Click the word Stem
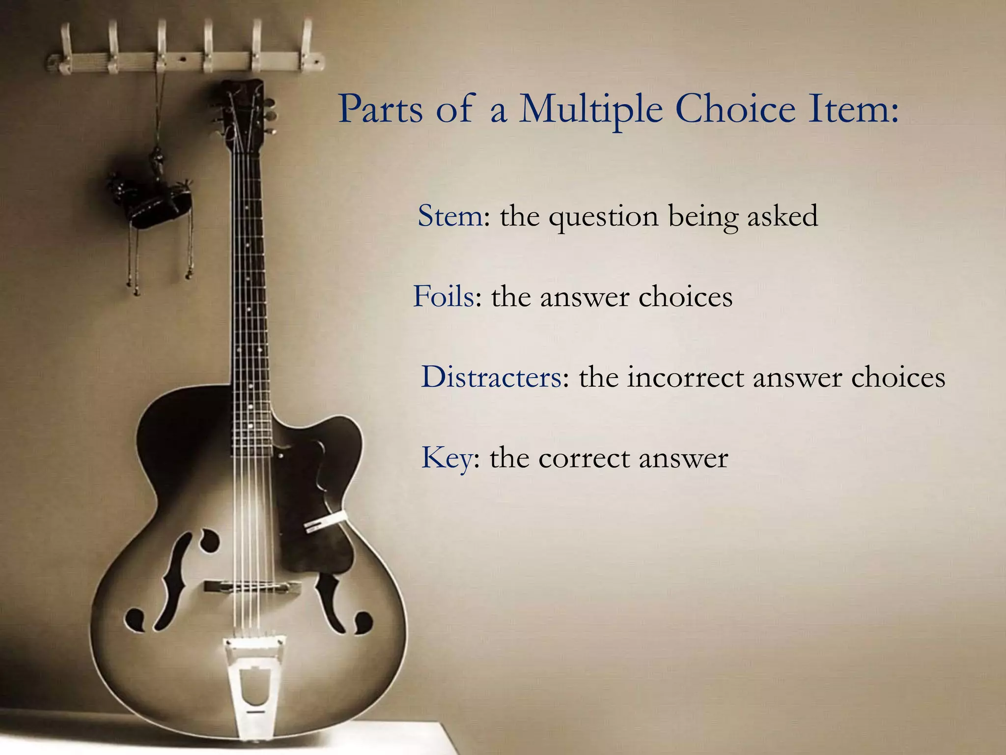click(450, 216)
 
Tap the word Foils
click(444, 296)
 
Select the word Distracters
click(491, 377)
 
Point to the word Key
click(446, 458)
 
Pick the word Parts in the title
click(380, 109)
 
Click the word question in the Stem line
click(603, 217)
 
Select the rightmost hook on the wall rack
click(307, 44)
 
